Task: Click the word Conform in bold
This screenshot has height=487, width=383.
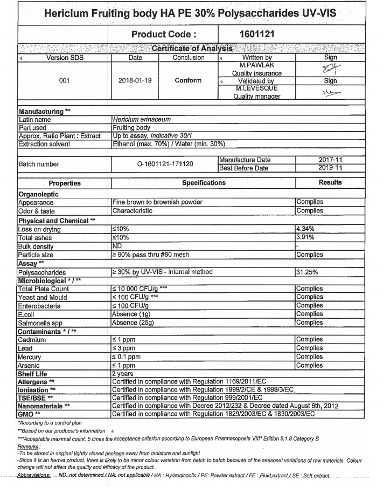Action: click(188, 80)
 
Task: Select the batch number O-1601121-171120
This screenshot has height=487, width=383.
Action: click(164, 164)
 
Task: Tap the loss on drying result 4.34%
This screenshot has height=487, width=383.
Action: click(305, 229)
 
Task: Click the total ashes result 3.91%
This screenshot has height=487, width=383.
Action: click(305, 237)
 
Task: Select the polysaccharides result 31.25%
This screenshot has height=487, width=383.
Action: click(308, 272)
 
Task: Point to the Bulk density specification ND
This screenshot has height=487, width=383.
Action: click(117, 245)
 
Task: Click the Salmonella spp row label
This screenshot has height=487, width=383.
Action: click(39, 323)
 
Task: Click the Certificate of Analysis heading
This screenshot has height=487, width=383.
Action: click(192, 49)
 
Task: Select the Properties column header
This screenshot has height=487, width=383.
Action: click(64, 183)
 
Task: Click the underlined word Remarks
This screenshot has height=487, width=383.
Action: click(28, 447)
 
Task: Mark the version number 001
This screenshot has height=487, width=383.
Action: click(64, 80)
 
